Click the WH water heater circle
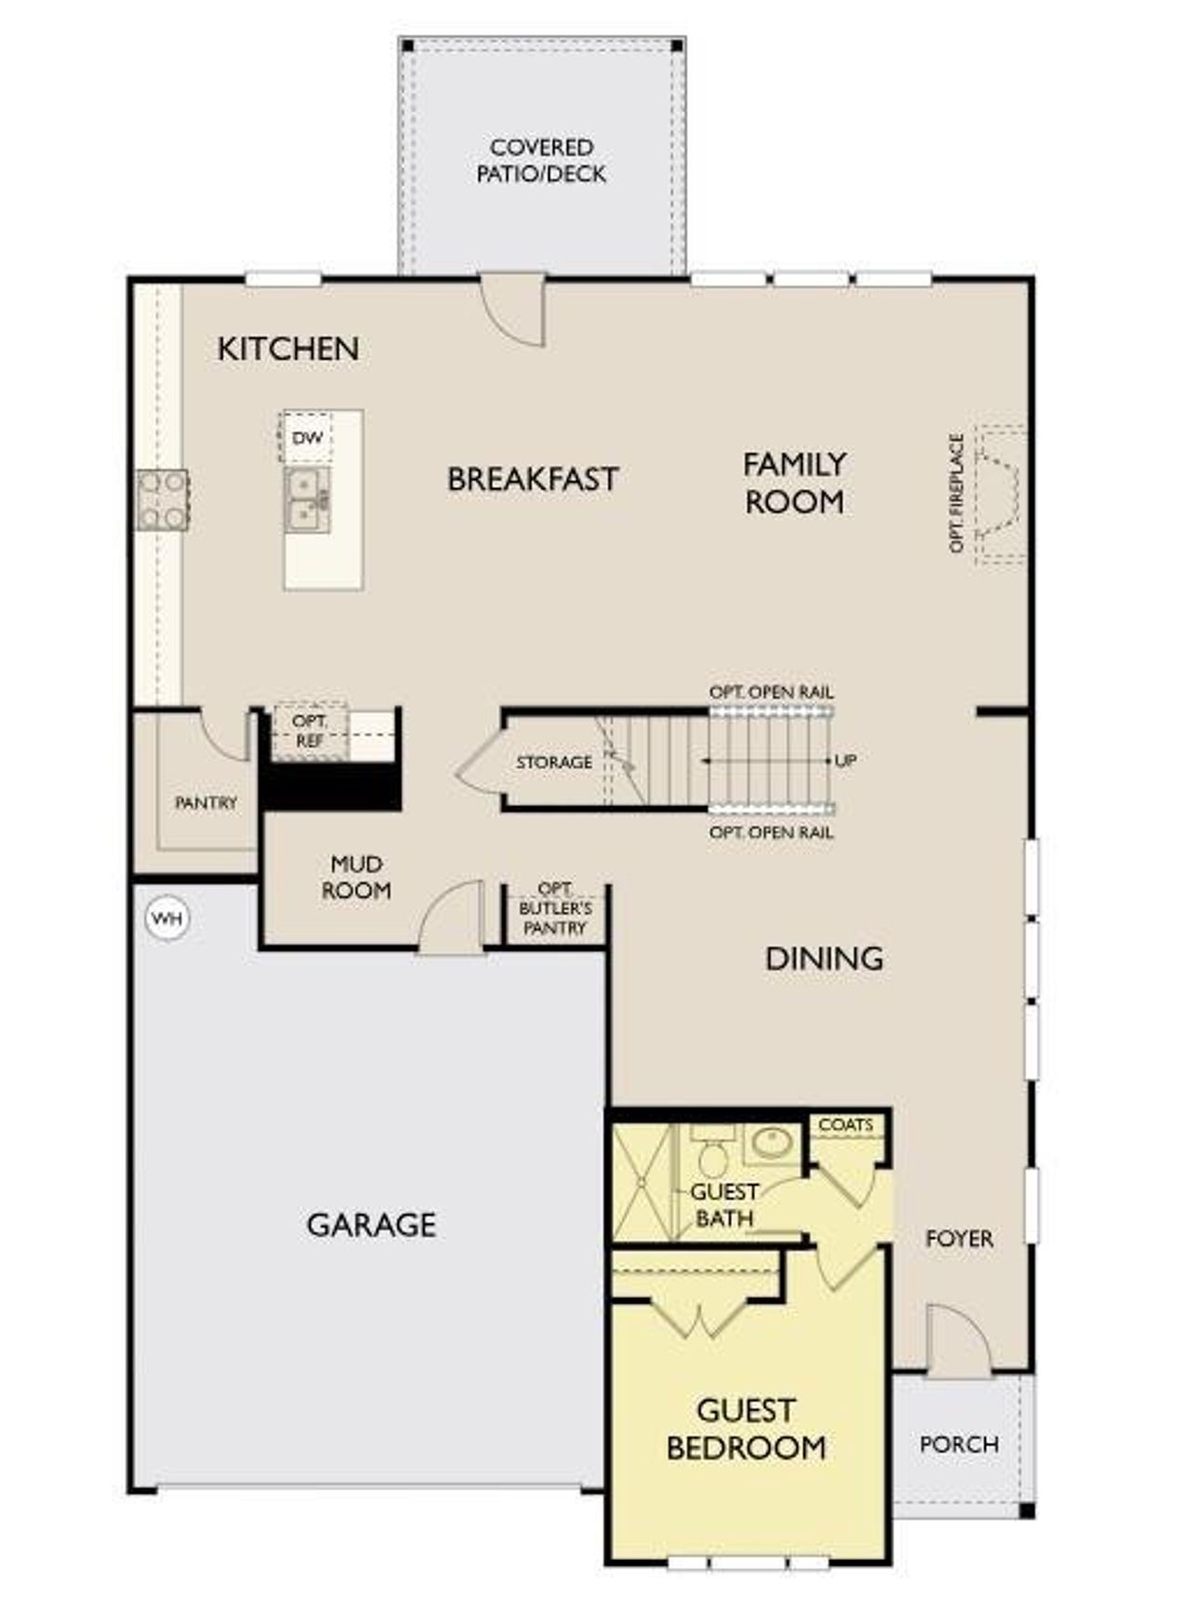pos(168,919)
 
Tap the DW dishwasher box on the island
pos(307,438)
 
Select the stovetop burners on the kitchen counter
pos(163,500)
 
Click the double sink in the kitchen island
pos(307,500)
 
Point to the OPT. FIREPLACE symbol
pos(998,494)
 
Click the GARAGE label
pos(371,1224)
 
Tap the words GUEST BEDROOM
pos(746,1429)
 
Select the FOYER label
pos(959,1238)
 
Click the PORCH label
pos(959,1444)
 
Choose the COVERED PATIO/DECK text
pos(541,161)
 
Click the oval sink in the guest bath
pos(771,1143)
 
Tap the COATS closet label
pos(845,1125)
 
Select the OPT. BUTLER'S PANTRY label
pos(555,908)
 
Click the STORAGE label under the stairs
pos(554,762)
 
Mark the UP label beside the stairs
pos(845,761)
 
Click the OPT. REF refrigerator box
pos(310,732)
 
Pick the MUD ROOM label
pos(356,878)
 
